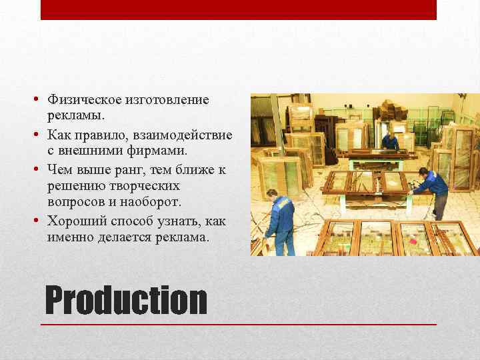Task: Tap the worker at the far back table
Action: pos(391,141)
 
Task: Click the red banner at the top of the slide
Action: pos(238,9)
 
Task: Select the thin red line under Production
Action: pos(238,324)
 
